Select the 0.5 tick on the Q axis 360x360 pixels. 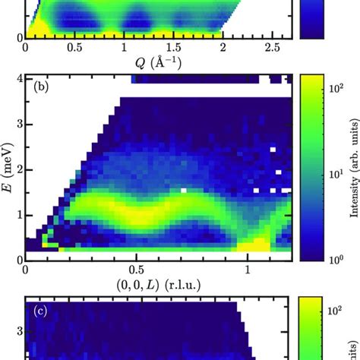[74, 47]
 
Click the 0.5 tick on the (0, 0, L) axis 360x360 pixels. [137, 270]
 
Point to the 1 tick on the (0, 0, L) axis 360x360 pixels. [248, 270]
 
